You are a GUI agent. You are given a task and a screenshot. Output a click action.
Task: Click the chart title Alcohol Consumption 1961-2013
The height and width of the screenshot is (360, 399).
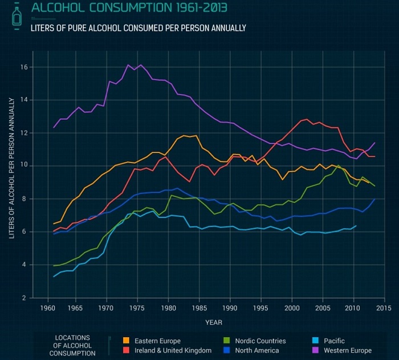click(x=129, y=8)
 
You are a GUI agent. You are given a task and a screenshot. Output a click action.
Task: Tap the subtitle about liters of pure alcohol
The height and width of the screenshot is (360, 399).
click(x=139, y=27)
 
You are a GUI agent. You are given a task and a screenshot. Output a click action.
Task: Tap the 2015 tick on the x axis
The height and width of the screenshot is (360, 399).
click(x=384, y=309)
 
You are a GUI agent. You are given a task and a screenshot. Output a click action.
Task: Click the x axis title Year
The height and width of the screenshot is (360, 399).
click(x=214, y=322)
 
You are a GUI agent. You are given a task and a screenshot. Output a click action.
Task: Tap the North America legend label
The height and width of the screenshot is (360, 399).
click(x=258, y=350)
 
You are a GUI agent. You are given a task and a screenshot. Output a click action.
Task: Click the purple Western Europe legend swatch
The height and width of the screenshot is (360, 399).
click(x=311, y=350)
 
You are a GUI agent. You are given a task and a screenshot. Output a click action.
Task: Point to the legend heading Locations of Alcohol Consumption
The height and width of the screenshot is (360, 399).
click(x=72, y=345)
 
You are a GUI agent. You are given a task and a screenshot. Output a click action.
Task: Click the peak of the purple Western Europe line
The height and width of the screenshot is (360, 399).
click(x=128, y=65)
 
